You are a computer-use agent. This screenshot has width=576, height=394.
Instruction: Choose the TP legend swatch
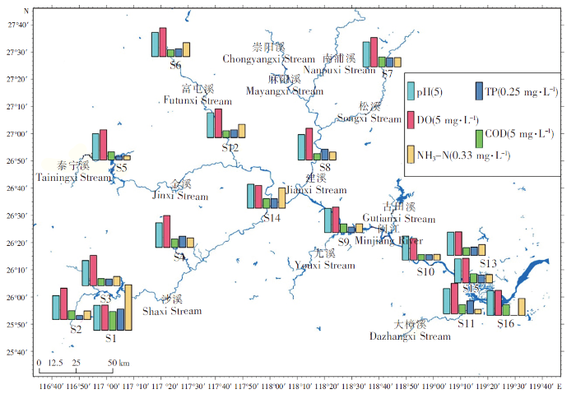(478, 90)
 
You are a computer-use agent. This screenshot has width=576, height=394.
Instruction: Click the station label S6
(175, 65)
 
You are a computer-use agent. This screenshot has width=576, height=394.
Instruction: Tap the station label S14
(272, 217)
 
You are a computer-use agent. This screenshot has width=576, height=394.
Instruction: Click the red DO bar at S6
(163, 42)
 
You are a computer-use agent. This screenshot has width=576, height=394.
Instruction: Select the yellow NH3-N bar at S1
(128, 307)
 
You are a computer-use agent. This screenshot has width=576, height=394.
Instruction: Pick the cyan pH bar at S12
(211, 125)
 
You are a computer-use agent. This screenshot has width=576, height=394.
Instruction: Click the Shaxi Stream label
(172, 311)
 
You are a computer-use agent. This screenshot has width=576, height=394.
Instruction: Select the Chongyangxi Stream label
(269, 59)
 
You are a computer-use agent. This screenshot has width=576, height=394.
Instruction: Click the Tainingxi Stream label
(74, 177)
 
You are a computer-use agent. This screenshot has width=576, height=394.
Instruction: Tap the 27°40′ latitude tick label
(18, 25)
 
